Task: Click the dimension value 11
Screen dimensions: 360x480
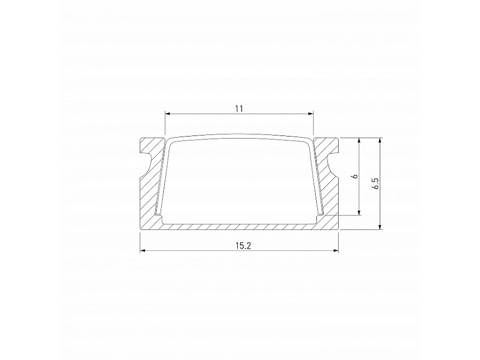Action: [238, 109]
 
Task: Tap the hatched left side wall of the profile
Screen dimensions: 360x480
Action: [149, 197]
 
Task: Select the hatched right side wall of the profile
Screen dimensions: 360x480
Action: [330, 197]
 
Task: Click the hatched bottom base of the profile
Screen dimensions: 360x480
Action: [239, 226]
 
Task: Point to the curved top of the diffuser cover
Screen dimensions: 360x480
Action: [239, 136]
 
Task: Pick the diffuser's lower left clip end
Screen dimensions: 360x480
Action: [158, 214]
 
